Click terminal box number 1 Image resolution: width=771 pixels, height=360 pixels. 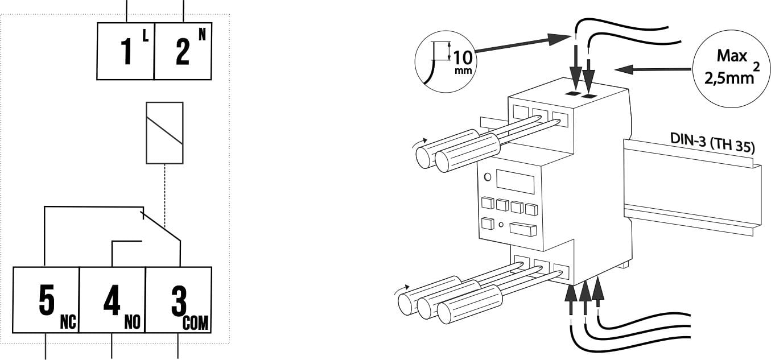click(126, 51)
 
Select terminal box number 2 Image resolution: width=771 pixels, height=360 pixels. click(183, 51)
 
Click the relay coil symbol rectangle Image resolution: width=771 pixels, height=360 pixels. click(164, 133)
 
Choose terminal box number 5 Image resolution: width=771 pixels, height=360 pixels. click(46, 300)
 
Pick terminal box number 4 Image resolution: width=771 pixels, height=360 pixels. click(112, 300)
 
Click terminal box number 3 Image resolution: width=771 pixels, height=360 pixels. click(179, 300)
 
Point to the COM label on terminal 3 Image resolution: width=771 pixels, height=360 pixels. click(196, 323)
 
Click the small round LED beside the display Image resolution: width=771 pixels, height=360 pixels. click(488, 177)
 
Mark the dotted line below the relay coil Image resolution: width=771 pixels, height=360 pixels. click(164, 191)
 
